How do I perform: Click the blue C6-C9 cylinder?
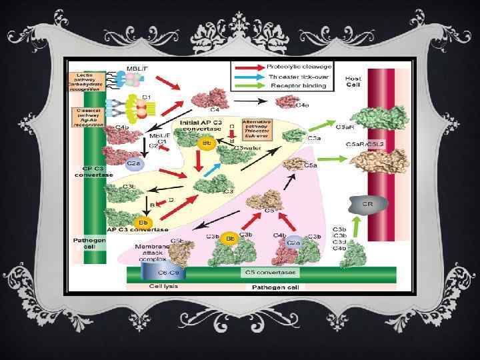coord(155,273)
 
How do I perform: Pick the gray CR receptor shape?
coord(367,204)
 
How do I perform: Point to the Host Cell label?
coord(353,82)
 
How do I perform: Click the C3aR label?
coord(345,127)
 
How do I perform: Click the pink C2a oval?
coord(294,243)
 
